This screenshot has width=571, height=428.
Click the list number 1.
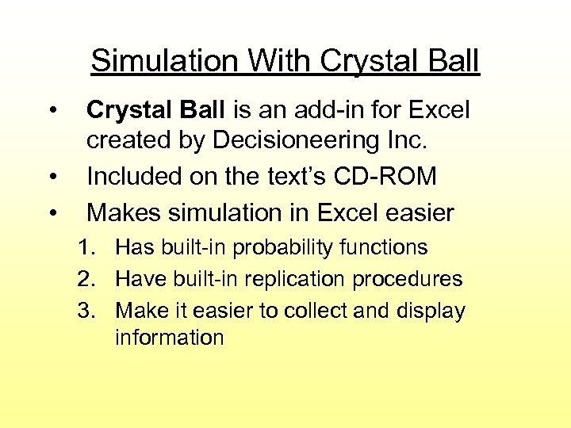(x=86, y=248)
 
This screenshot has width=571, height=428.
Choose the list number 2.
(x=86, y=279)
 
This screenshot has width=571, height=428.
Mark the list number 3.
(x=86, y=311)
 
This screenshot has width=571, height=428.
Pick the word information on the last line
(x=169, y=338)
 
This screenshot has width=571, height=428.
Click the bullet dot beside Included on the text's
(x=52, y=177)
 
